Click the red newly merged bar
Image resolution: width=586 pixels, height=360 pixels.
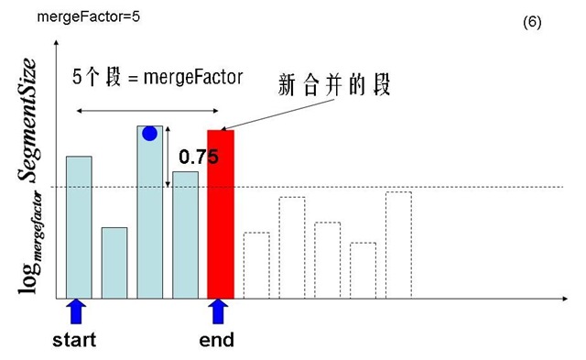pos(222,214)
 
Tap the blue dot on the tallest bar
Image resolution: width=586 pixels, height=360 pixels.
pos(150,134)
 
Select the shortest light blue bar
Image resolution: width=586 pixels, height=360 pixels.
pos(114,263)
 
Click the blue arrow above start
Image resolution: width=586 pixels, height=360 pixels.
pos(78,311)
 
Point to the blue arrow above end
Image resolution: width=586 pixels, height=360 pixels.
pos(218,311)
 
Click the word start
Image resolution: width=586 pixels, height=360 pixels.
pos(75,340)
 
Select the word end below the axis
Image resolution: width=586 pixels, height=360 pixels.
pos(217,340)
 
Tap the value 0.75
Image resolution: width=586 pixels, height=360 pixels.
pos(199,158)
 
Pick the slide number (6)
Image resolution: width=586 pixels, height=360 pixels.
pos(532,23)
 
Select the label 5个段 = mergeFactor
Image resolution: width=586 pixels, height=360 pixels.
pos(157,77)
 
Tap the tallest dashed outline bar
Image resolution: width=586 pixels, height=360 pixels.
pos(398,245)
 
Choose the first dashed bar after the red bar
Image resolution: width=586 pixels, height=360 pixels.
pos(256,266)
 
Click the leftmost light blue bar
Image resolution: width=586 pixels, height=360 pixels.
pos(79,227)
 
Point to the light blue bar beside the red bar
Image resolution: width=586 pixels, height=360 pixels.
pos(186,235)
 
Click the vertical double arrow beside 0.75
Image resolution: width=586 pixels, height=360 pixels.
pos(167,158)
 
